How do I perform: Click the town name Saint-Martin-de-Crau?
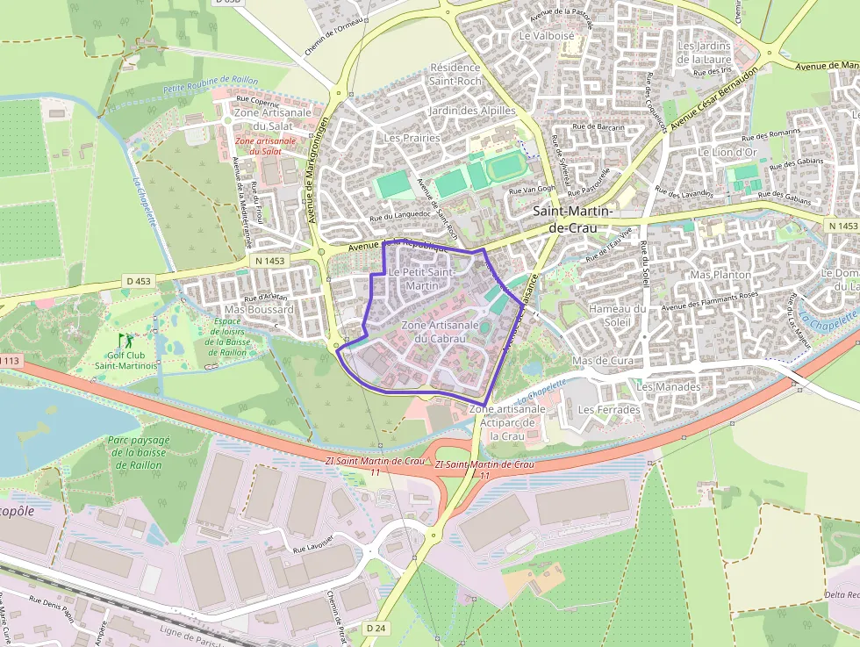pos(573,219)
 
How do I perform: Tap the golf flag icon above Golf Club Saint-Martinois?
pos(124,339)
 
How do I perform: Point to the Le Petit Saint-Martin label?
pos(419,279)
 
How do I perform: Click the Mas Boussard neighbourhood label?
pos(259,310)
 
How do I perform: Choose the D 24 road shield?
pos(376,628)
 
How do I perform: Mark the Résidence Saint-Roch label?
pos(455,75)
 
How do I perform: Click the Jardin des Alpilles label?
pos(471,111)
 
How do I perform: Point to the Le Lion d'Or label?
pos(727,152)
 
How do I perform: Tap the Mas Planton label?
pos(721,275)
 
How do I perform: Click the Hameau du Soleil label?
pos(616,314)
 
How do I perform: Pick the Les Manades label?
pos(669,386)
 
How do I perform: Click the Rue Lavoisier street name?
pos(313,544)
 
